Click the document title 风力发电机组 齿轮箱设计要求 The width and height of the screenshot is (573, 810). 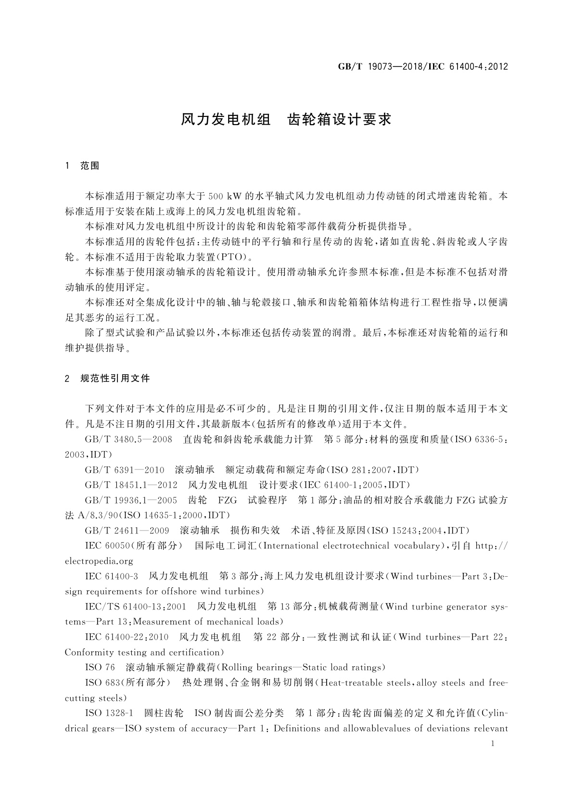point(286,119)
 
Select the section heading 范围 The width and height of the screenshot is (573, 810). point(90,166)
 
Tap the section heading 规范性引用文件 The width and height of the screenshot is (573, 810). point(115,379)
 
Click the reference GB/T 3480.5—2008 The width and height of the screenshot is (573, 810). point(128,440)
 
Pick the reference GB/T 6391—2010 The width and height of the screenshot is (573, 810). point(125,470)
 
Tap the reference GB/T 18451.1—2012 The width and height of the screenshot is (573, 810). point(131,485)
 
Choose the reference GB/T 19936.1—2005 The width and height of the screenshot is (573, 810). point(131,500)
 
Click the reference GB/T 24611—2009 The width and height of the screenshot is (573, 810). point(127,531)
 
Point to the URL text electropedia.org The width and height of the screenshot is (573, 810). point(99,561)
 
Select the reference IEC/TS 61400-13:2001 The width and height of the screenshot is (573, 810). point(135,607)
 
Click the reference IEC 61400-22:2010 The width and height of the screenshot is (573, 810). point(127,637)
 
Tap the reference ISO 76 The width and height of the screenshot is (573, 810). point(100,668)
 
